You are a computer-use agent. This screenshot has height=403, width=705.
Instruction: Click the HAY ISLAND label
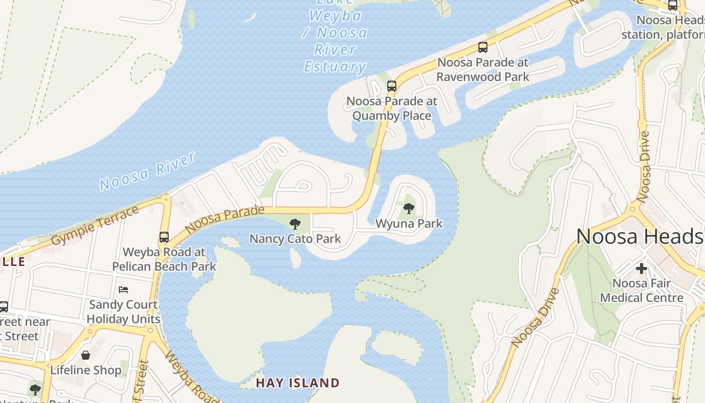[298, 383]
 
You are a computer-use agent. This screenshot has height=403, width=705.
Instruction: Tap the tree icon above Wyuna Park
[409, 208]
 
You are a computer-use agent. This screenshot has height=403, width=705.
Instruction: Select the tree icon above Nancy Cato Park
[295, 224]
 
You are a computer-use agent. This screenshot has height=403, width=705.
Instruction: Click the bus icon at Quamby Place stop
[391, 86]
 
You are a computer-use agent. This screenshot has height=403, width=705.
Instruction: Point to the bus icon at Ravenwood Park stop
[483, 47]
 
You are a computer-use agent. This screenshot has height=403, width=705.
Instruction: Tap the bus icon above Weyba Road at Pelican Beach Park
[164, 237]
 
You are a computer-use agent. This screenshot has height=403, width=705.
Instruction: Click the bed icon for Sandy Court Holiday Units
[123, 289]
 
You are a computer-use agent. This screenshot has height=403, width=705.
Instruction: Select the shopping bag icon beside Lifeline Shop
[86, 355]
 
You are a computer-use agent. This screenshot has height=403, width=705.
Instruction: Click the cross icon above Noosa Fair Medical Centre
[641, 268]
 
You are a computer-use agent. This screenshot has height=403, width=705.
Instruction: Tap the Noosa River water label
[147, 172]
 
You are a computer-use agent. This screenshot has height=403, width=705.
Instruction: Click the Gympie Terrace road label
[95, 225]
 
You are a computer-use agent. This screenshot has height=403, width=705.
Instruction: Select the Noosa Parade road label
[225, 220]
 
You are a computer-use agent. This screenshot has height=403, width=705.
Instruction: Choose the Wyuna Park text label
[409, 223]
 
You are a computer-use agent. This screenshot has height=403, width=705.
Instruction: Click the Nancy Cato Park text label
[295, 239]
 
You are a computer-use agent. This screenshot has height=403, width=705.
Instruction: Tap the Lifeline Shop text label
[86, 370]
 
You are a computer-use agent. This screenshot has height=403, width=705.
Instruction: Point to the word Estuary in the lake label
[335, 66]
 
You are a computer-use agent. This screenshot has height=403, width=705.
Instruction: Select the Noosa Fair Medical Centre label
[642, 291]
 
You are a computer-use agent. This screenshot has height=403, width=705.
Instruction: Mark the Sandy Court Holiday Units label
[123, 312]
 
